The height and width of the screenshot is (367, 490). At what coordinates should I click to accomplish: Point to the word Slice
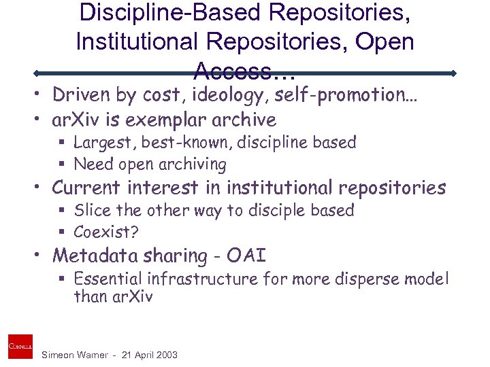coord(91,210)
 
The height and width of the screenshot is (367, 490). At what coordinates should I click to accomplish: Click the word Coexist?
coord(106,232)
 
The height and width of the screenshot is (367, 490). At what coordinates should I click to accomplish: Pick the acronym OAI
coord(247,256)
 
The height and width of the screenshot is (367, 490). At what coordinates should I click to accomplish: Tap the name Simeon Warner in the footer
coord(74,355)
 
